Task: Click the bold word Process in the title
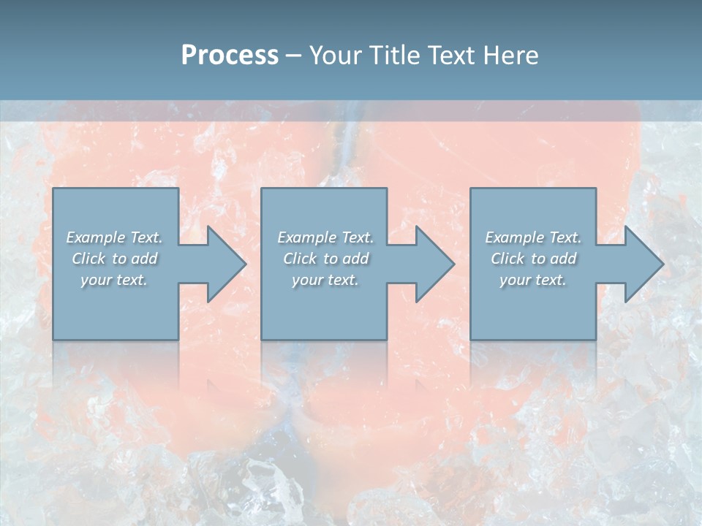pyautogui.click(x=230, y=55)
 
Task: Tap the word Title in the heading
pyautogui.click(x=396, y=55)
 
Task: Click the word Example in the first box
pyautogui.click(x=95, y=237)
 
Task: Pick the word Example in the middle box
pyautogui.click(x=306, y=237)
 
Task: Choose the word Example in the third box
pyautogui.click(x=514, y=237)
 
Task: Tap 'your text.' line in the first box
pyautogui.click(x=114, y=280)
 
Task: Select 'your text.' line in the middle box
pyautogui.click(x=325, y=280)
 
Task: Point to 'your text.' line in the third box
pyautogui.click(x=533, y=280)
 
